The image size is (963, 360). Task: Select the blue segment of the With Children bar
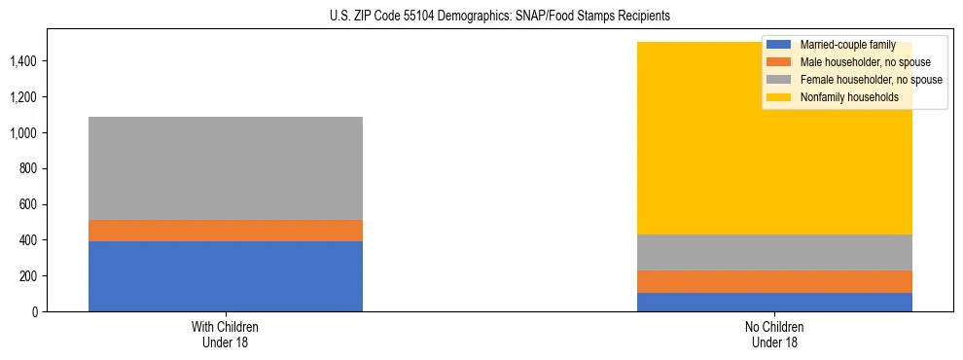[226, 276]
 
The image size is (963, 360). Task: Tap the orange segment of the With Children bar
[226, 231]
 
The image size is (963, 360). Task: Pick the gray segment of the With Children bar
[226, 168]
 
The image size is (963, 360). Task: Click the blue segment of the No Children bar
[774, 302]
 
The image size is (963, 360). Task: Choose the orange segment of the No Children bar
[774, 281]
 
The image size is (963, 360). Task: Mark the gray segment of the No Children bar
[774, 252]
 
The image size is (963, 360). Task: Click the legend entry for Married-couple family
[847, 45]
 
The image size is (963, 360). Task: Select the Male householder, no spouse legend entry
[861, 62]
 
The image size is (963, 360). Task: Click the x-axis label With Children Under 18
[226, 334]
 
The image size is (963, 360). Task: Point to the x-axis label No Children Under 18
[774, 334]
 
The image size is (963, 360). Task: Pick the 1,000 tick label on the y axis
[27, 133]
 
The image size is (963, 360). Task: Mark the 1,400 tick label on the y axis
[27, 61]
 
